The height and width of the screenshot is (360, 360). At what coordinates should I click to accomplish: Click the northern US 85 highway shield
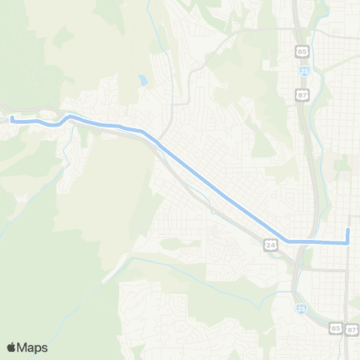301,52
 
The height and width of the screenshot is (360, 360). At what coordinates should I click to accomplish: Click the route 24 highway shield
271,244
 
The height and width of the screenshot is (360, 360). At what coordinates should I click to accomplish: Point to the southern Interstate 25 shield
301,309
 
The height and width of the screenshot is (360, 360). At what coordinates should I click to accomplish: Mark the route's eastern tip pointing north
349,228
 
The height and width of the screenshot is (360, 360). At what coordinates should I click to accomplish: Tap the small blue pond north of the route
142,79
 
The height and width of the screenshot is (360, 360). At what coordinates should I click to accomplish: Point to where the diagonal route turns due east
288,241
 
